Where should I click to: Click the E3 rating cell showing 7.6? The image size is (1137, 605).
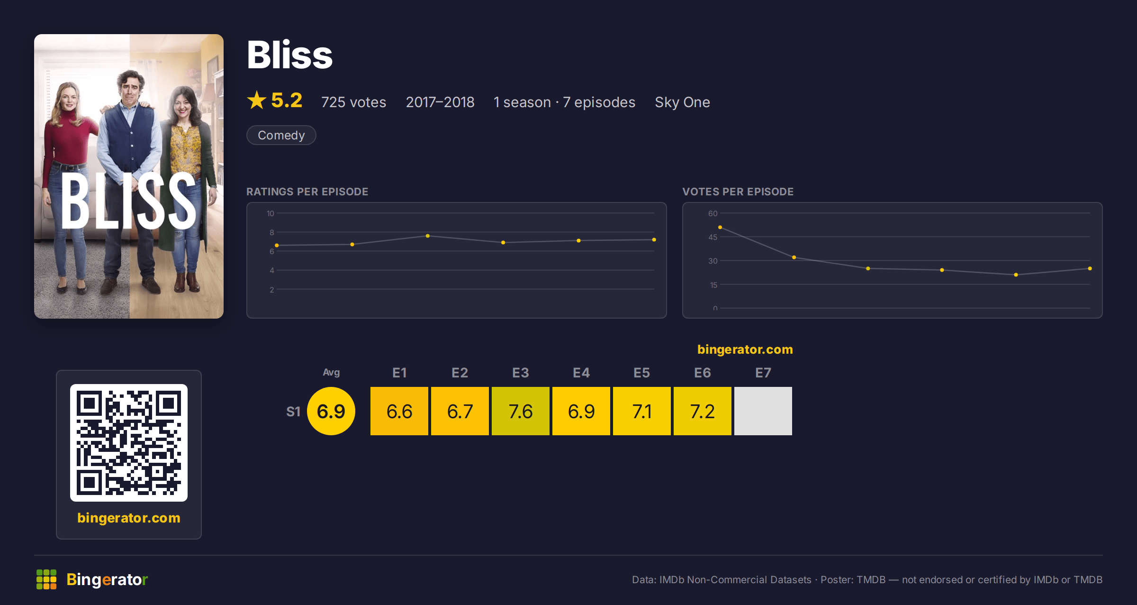[520, 411]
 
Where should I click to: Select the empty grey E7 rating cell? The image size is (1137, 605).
[763, 411]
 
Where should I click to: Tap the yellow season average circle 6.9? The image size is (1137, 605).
[331, 411]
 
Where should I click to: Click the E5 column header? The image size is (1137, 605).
[641, 373]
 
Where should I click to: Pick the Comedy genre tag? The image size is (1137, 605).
[281, 135]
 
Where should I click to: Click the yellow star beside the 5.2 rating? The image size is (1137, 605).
[257, 100]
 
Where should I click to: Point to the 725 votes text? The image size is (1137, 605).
[353, 102]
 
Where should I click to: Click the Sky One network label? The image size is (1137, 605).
[682, 102]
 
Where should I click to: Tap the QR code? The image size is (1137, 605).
[129, 443]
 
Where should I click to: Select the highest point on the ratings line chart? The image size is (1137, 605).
[428, 236]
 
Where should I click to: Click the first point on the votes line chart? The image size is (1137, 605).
[720, 228]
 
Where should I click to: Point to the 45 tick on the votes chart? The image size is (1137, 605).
[713, 237]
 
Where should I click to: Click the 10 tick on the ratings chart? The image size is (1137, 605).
[270, 213]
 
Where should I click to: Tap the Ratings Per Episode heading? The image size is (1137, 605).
[307, 192]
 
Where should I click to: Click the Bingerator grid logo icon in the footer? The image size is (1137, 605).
[46, 579]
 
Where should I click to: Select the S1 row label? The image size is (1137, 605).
[293, 412]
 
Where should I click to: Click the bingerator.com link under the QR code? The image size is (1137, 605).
[129, 518]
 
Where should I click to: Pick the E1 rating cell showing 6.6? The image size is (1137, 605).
[399, 411]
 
